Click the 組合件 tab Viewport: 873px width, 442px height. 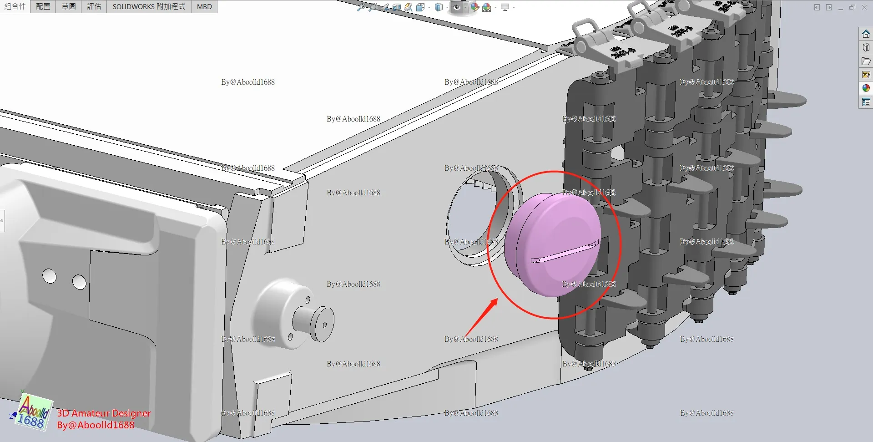pos(15,6)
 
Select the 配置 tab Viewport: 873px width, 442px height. pos(43,6)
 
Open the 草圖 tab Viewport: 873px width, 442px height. pos(69,6)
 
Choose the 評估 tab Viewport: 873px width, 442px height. pos(94,6)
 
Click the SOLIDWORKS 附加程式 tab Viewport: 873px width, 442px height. pos(149,6)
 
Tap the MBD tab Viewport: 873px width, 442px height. pos(204,6)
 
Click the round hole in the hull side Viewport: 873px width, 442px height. pos(478,218)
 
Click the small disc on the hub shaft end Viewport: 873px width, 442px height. pos(323,325)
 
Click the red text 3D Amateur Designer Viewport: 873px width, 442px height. pos(104,413)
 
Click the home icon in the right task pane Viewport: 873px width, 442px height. pos(866,34)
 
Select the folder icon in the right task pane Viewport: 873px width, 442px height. pos(866,61)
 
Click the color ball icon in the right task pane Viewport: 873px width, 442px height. pos(866,88)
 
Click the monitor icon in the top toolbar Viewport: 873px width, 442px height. pos(505,7)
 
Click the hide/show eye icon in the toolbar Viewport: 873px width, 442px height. pos(457,7)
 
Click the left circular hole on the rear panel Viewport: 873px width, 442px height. pos(49,276)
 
